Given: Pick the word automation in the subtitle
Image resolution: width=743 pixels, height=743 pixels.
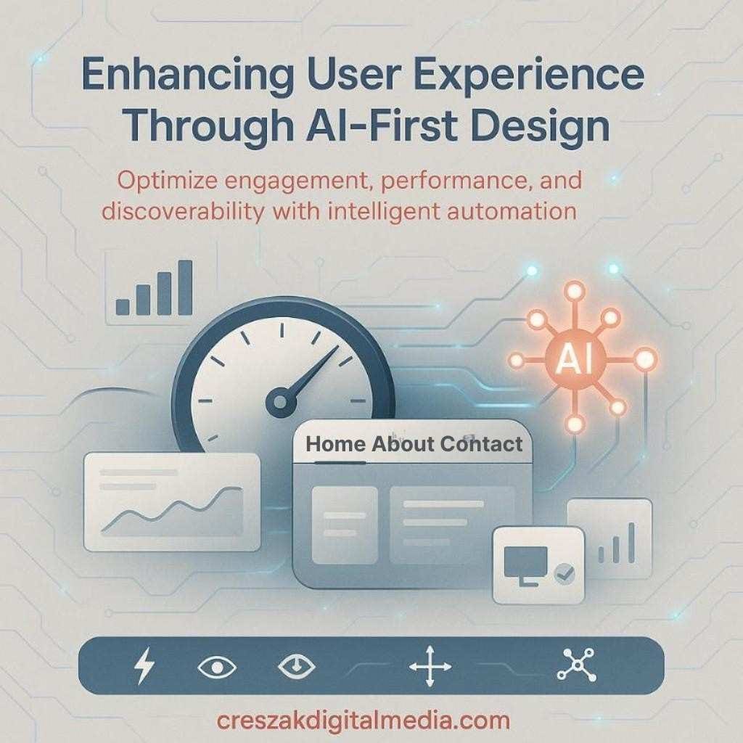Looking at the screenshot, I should tap(512, 212).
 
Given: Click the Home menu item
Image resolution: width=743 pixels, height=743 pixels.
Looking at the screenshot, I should tap(335, 444).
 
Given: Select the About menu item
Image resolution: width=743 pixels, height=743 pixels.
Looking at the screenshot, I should tap(402, 444).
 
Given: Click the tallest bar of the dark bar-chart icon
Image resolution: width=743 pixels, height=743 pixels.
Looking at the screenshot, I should tap(185, 287).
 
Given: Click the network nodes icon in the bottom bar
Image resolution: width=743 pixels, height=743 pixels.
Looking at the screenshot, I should tap(575, 665).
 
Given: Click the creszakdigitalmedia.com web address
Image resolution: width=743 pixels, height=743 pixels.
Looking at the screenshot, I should tap(364, 721).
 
